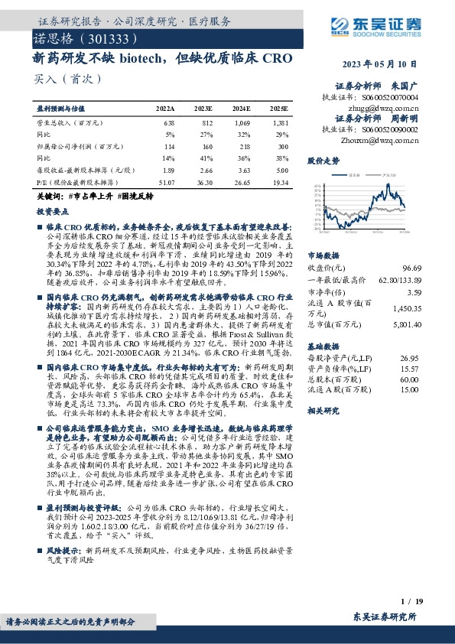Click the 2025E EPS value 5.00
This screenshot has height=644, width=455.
click(282, 171)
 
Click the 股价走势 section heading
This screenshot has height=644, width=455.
click(323, 161)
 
